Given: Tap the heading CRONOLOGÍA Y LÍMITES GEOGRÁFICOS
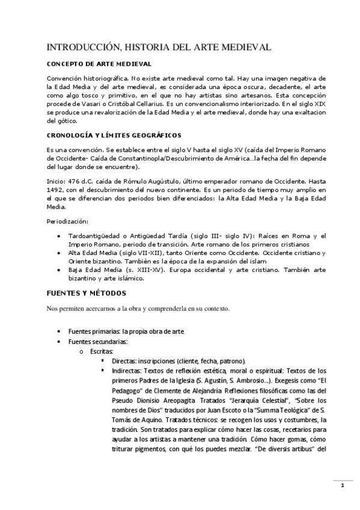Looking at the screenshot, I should [x=114, y=135].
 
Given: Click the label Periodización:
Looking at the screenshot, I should [x=67, y=221].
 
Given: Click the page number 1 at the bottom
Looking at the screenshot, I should [x=342, y=486].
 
